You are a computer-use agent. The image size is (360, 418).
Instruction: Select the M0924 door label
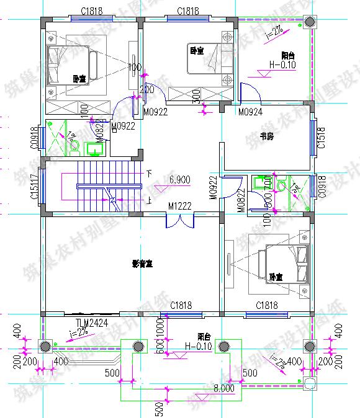(x=250, y=112)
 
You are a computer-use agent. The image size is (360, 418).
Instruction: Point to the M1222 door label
(x=179, y=206)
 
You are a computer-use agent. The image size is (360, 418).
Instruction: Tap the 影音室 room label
(x=142, y=264)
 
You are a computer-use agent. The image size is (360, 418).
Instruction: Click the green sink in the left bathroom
(x=96, y=148)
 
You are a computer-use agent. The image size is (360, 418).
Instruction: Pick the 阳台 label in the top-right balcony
(x=287, y=55)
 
